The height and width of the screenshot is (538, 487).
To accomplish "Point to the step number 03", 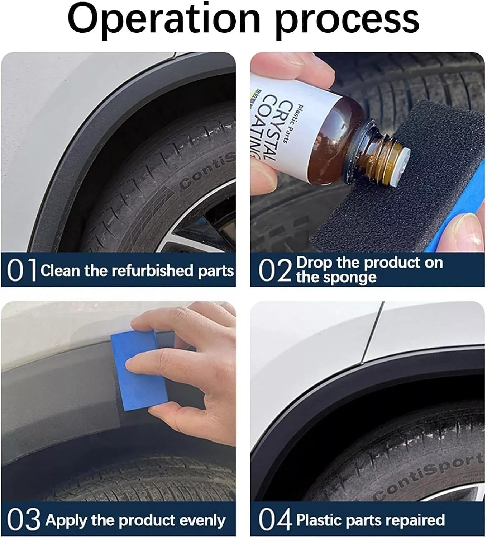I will coord(24,520).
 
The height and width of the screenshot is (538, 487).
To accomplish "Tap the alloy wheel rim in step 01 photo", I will coord(201,230).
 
